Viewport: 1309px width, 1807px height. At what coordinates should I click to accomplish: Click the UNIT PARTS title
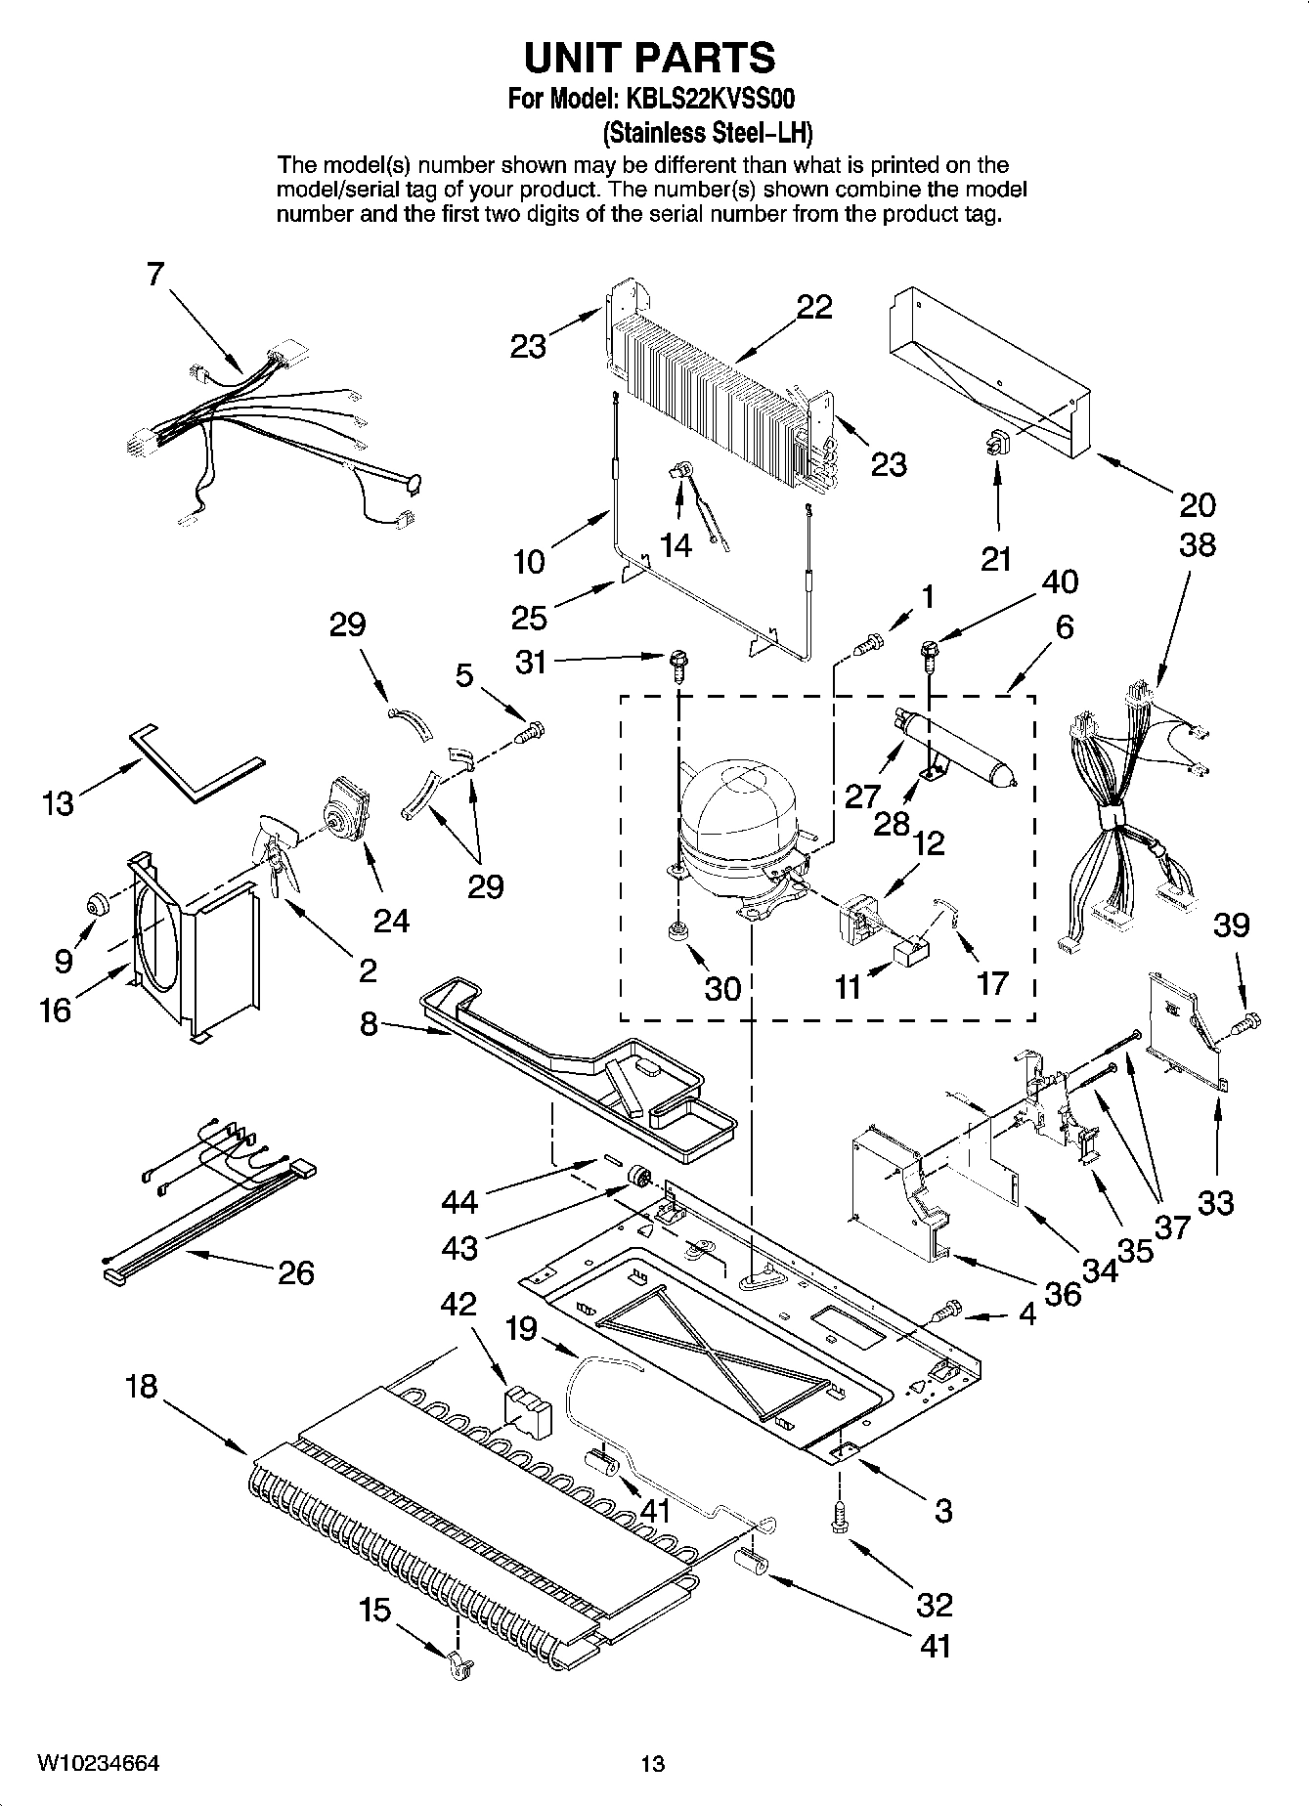click(649, 59)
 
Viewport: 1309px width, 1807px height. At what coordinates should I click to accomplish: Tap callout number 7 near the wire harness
click(155, 276)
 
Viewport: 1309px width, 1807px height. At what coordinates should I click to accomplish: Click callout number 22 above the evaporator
click(813, 307)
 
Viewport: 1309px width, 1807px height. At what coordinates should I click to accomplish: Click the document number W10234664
click(98, 1763)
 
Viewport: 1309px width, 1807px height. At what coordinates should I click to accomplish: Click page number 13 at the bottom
click(652, 1763)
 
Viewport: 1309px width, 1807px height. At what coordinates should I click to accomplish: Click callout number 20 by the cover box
click(1197, 504)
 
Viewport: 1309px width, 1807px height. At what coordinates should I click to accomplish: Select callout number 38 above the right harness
click(1197, 544)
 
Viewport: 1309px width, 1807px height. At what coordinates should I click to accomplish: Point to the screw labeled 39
click(1246, 1025)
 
